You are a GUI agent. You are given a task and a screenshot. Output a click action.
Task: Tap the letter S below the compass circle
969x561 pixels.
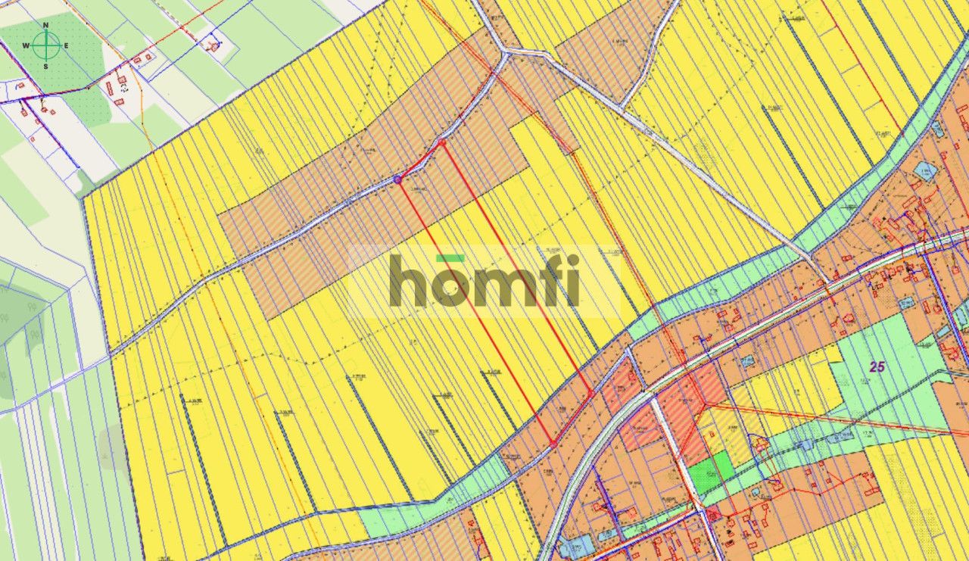(x=45, y=67)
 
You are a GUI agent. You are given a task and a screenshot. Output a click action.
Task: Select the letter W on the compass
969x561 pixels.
(x=26, y=46)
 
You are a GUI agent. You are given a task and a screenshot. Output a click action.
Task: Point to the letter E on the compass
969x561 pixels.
(x=66, y=46)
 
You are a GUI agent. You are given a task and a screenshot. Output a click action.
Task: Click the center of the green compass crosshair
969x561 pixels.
(x=46, y=46)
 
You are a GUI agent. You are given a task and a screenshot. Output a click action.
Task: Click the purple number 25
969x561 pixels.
(x=877, y=368)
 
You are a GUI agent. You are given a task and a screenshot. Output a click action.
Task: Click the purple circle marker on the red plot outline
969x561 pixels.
(x=397, y=179)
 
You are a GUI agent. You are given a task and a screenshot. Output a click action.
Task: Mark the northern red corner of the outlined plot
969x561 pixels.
(x=442, y=142)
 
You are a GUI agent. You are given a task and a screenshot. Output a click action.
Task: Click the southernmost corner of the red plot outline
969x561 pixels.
(x=553, y=443)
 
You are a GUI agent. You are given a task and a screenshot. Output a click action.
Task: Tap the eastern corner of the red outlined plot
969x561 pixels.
(x=590, y=393)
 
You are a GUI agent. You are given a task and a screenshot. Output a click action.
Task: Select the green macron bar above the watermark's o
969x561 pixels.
(x=450, y=258)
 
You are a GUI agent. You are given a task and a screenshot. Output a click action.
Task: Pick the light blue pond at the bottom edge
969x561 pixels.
(x=575, y=547)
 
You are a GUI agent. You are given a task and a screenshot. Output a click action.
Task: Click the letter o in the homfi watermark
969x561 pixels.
(x=450, y=287)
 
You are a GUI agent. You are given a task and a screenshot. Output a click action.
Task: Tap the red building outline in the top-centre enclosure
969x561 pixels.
(x=214, y=45)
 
